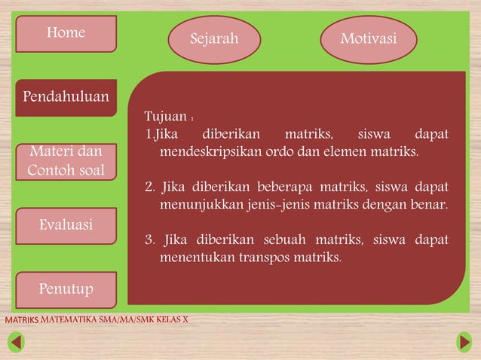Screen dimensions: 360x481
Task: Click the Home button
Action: pyautogui.click(x=66, y=33)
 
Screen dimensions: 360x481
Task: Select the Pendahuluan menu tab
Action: pyautogui.click(x=66, y=97)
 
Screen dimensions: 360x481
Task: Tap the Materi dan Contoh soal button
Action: pyautogui.click(x=66, y=161)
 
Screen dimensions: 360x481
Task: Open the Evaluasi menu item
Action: pyautogui.click(x=66, y=225)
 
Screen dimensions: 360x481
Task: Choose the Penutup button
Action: pyautogui.click(x=66, y=289)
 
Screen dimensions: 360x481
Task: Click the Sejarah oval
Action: pyautogui.click(x=214, y=39)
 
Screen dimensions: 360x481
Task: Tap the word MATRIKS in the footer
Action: pyautogui.click(x=22, y=320)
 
